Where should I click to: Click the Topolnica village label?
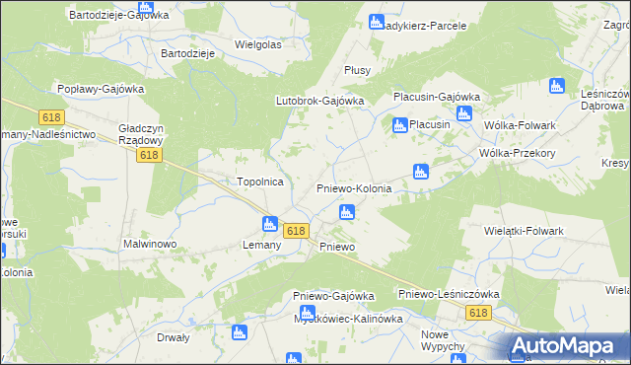point(260,182)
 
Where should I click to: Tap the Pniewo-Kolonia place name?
point(353,188)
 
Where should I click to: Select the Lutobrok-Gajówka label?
point(319,101)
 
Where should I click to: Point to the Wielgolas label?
point(258,44)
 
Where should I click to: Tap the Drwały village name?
point(174,336)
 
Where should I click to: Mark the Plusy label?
point(357,70)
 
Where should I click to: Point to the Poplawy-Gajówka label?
point(101,88)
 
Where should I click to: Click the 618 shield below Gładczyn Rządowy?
point(150,156)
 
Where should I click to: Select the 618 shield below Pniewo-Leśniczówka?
point(479,313)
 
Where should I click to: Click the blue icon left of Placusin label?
point(399,125)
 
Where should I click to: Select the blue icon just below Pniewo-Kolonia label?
point(346,212)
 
